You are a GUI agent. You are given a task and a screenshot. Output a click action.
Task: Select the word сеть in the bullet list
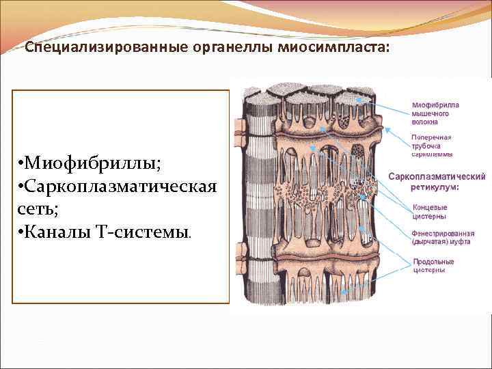click(x=40, y=209)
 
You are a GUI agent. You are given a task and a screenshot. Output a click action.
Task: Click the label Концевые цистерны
click(x=430, y=211)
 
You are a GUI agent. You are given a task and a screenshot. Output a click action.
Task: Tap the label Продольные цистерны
click(x=433, y=266)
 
